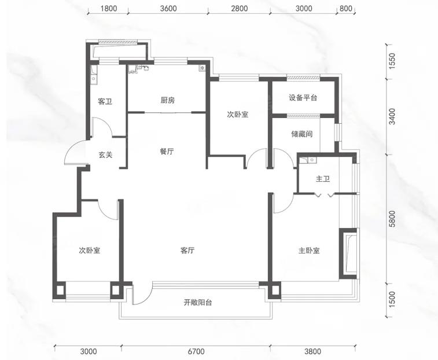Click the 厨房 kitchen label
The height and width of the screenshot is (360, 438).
(168, 100)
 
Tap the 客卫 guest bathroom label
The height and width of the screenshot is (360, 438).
(105, 101)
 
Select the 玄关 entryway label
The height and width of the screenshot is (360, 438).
(105, 155)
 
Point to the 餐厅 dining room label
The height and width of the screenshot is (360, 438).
(167, 152)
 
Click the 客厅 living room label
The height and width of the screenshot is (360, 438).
(187, 251)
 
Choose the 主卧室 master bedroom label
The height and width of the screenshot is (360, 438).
(309, 251)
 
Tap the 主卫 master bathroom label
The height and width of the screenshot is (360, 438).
(323, 179)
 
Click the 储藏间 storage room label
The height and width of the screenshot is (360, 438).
(301, 134)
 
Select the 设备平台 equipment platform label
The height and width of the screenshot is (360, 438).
(303, 98)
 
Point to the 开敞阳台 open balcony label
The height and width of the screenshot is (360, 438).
(198, 303)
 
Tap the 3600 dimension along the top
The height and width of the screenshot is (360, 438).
(168, 8)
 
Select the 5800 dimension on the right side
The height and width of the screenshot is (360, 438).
(392, 219)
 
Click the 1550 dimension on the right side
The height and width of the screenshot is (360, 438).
(392, 61)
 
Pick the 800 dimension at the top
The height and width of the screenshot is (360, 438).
(346, 8)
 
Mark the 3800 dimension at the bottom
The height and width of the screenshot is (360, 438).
(313, 351)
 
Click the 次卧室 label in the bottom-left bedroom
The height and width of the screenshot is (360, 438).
(89, 251)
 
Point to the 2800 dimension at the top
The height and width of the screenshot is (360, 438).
(240, 8)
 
